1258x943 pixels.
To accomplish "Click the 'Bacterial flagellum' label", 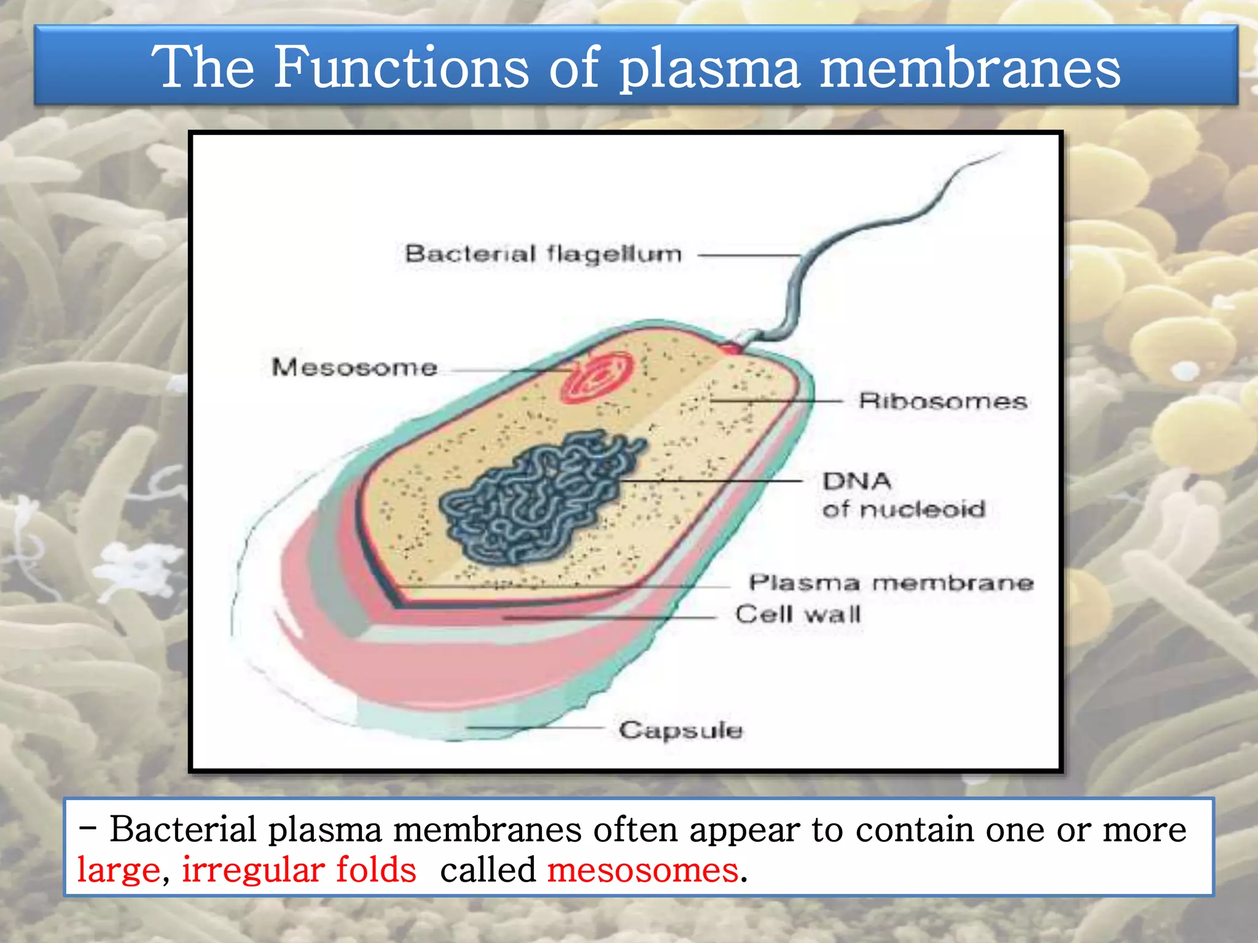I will coord(543,254).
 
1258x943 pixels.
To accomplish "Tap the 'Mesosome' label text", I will coord(354,367).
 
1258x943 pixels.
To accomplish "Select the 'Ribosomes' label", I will coord(943,401).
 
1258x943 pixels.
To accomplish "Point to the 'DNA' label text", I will coord(857,481).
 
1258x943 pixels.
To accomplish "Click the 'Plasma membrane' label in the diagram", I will coord(891,582).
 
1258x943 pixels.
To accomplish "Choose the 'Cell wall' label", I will coord(798,614).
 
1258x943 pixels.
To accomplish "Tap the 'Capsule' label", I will coord(681,730).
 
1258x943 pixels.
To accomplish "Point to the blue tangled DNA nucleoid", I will coord(541,497).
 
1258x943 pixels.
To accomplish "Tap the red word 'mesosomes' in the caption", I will coord(643,870).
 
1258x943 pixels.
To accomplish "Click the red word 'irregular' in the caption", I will coord(251,870).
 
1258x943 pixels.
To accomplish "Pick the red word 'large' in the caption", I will coord(119,870).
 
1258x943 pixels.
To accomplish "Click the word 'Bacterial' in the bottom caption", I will coord(182,829).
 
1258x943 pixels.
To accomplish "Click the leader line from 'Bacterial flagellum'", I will coord(749,255).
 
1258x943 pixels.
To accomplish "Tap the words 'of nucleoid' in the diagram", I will coord(904,509).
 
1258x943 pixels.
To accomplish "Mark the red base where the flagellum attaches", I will coord(732,349).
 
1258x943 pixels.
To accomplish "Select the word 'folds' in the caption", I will coord(376,870).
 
